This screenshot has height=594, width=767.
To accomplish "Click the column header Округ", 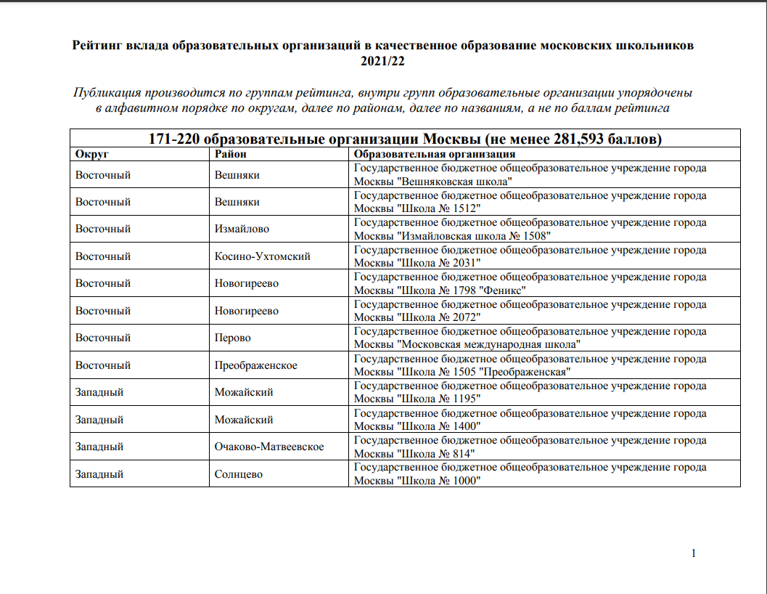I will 92,155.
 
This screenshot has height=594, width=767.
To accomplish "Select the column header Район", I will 231,155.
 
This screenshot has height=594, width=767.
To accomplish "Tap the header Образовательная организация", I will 434,155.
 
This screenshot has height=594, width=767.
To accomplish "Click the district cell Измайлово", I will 242,229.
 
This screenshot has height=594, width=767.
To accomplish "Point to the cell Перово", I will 232,338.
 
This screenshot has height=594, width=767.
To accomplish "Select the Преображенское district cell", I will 255,365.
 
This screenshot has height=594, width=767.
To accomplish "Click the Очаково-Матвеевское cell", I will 269,447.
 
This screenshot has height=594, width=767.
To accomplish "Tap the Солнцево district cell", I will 238,474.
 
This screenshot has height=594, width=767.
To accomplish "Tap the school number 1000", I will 467,481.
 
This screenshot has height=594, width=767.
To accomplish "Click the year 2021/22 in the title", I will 383,61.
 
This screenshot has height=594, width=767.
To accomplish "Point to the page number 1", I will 694,553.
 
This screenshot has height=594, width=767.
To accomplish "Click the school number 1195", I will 467,399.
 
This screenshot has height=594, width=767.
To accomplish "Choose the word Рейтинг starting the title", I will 99,46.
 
